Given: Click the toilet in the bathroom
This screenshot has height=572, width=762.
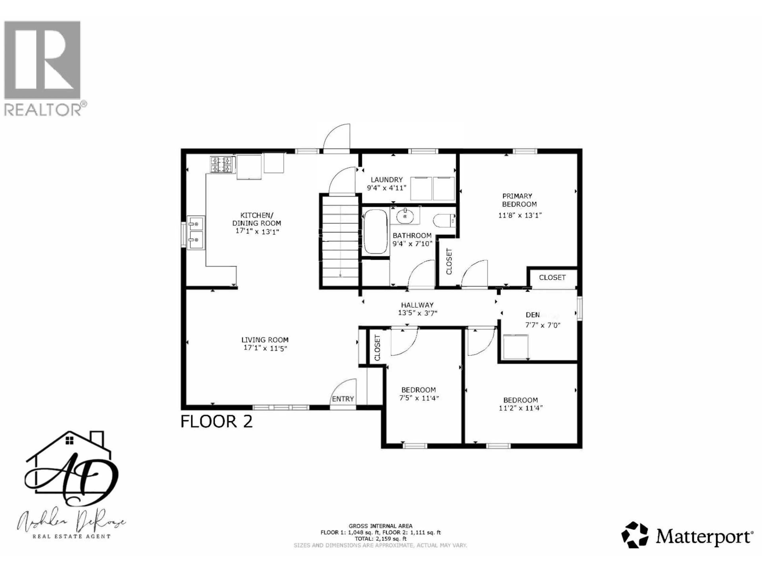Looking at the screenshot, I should click(444, 220).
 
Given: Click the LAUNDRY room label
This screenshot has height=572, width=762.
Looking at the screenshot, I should click(387, 180).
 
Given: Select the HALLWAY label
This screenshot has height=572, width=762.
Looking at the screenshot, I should click(417, 305).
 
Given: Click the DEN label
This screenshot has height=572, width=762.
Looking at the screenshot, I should click(533, 315).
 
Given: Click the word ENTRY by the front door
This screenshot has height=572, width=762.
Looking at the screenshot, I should click(343, 399).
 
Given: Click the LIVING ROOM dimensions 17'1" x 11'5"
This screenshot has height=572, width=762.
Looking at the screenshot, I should click(265, 348).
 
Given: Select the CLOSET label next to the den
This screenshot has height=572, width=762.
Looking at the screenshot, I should click(552, 277).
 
